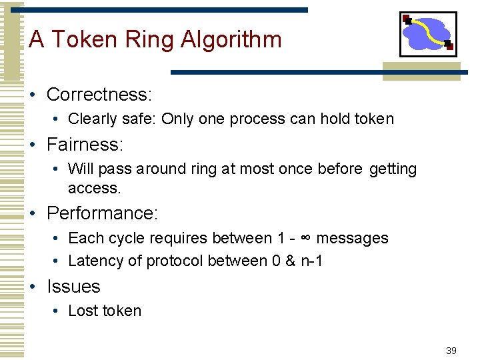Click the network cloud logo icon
[428, 34]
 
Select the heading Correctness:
[99, 95]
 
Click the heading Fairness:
[85, 144]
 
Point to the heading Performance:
[102, 213]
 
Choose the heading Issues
[73, 287]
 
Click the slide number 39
[451, 351]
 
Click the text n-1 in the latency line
[311, 261]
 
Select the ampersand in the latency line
[290, 261]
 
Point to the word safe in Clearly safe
[139, 119]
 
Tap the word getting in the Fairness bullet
[393, 169]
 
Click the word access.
[95, 188]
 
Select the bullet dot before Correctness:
[33, 95]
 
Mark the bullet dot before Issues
[33, 287]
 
